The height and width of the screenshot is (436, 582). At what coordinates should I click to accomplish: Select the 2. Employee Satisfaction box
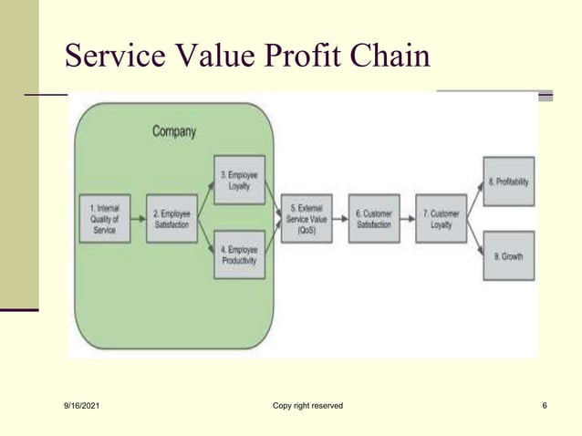point(170,219)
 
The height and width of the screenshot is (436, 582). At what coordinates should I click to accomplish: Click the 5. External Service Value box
point(307,218)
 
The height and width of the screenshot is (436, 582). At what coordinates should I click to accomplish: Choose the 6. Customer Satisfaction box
point(374,218)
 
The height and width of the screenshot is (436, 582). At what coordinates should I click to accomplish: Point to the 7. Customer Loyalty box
point(441,218)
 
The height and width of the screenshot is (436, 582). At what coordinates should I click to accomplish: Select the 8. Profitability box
point(508,181)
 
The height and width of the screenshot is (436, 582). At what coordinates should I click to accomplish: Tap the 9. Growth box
point(508,256)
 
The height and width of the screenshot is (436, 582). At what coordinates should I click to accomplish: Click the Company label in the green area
point(173,131)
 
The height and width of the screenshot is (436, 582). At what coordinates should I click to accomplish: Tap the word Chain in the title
point(390,56)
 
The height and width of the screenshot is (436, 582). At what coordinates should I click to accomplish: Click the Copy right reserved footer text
point(307,405)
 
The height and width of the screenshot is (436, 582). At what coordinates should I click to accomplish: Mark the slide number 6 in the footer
point(544,405)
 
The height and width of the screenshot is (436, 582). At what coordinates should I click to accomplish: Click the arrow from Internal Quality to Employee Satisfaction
point(138,219)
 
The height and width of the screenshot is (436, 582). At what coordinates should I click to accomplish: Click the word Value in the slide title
point(211,56)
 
